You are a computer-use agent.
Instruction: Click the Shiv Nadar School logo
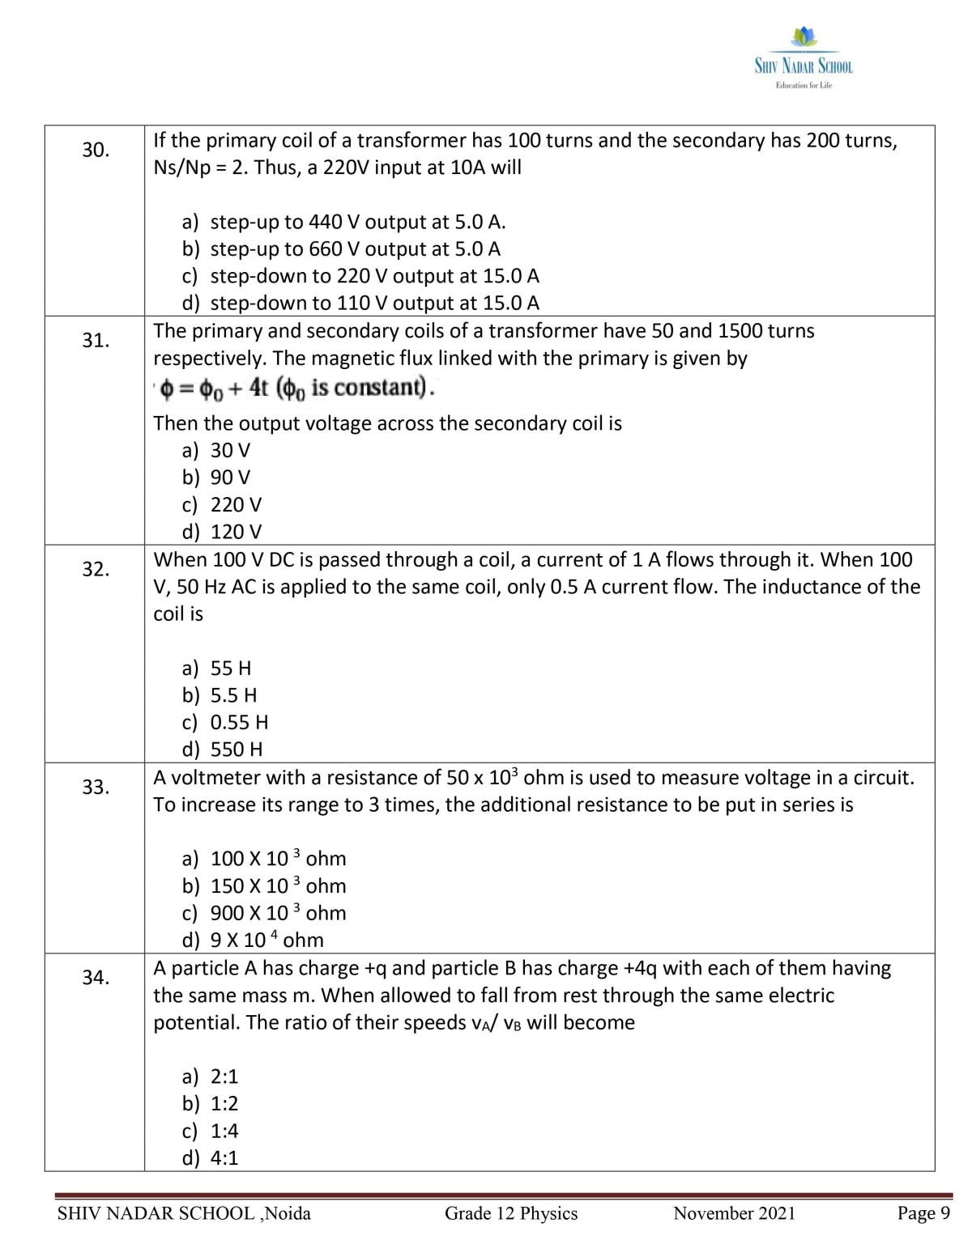click(x=804, y=60)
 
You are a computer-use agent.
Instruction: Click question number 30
click(x=96, y=150)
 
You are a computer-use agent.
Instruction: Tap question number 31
click(x=96, y=340)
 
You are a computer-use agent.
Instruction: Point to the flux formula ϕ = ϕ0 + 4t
click(x=296, y=389)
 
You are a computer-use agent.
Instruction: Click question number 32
click(x=96, y=569)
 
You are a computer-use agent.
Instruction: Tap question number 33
click(x=96, y=787)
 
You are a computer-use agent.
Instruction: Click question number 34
click(x=96, y=978)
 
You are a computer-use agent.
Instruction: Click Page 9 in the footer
click(x=923, y=1213)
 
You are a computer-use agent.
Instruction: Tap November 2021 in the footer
click(x=734, y=1213)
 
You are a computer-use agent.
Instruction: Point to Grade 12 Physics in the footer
click(x=511, y=1213)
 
